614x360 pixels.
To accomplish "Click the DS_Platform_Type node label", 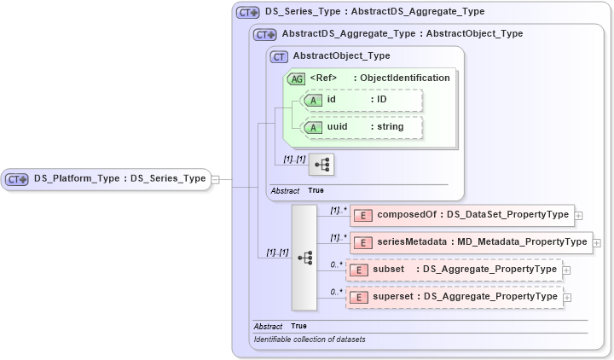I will pyautogui.click(x=119, y=179).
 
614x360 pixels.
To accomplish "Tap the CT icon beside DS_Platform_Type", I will pyautogui.click(x=18, y=179).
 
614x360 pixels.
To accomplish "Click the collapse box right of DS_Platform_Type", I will pyautogui.click(x=215, y=179).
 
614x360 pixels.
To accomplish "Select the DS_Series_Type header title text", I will pyautogui.click(x=374, y=12).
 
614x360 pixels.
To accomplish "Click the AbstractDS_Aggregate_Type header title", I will pyautogui.click(x=402, y=34).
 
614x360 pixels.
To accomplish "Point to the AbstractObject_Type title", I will pyautogui.click(x=341, y=56).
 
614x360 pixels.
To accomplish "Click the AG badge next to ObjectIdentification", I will pyautogui.click(x=297, y=78).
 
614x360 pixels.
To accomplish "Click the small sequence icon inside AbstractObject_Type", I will pyautogui.click(x=321, y=164).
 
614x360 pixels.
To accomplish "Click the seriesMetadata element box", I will pyautogui.click(x=469, y=242).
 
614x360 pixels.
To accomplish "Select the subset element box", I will pyautogui.click(x=453, y=270).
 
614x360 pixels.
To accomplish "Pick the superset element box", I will pyautogui.click(x=453, y=297).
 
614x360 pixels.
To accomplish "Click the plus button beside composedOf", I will pyautogui.click(x=579, y=216).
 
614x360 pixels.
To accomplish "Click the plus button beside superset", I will pyautogui.click(x=567, y=298).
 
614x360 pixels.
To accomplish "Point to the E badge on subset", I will pyautogui.click(x=359, y=270).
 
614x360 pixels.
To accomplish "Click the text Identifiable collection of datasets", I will pyautogui.click(x=310, y=340).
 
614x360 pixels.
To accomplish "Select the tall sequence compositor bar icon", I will pyautogui.click(x=304, y=257).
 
